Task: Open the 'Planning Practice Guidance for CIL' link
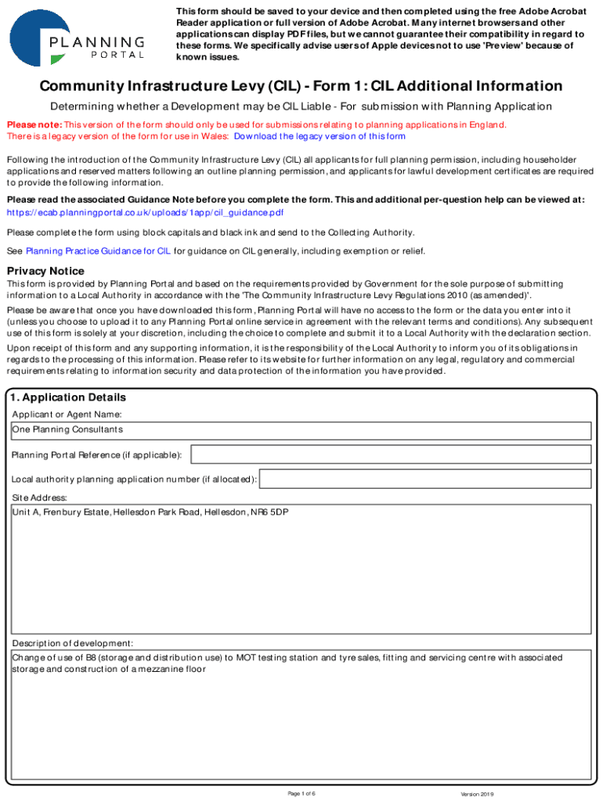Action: point(98,251)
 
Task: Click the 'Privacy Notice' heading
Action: point(45,271)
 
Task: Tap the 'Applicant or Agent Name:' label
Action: point(67,414)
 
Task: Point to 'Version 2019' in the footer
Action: point(477,794)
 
